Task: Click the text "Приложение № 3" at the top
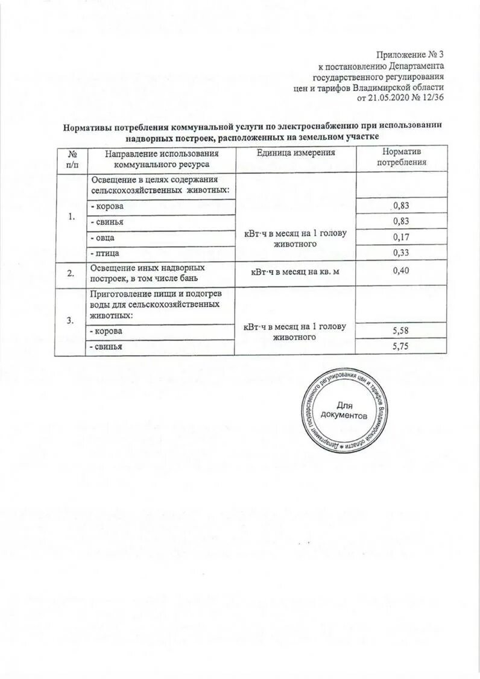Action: [409, 55]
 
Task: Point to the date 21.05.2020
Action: [388, 98]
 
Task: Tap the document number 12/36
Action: [431, 98]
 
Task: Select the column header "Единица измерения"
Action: [295, 153]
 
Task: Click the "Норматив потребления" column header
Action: [402, 157]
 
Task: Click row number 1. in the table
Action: [71, 217]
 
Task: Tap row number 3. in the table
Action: [71, 320]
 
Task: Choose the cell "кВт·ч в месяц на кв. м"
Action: [295, 273]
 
